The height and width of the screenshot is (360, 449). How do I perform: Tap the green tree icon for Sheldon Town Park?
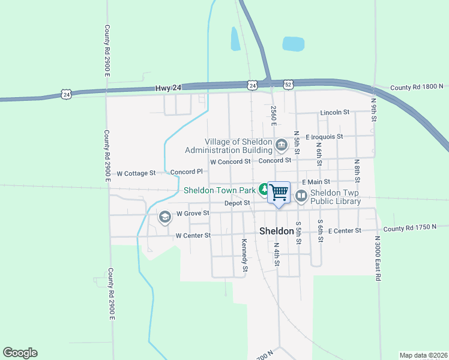[x=264, y=190]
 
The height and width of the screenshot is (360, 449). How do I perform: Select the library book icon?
[x=300, y=196]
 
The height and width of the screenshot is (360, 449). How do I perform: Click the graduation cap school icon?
[x=164, y=217]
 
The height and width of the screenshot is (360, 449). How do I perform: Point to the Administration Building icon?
[x=281, y=145]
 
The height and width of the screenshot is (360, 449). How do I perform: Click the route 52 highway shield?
[x=289, y=85]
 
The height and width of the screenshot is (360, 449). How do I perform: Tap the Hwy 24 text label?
[x=168, y=88]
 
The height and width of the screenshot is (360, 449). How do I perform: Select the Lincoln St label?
[x=335, y=112]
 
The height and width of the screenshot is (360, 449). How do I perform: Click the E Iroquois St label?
[x=324, y=137]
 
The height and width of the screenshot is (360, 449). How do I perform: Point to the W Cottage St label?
[x=136, y=173]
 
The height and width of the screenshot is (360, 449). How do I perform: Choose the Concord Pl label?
[x=183, y=172]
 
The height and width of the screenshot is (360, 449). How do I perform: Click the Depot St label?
[x=237, y=203]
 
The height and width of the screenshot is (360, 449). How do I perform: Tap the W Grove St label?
[x=192, y=213]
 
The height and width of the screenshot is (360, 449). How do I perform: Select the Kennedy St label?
[x=244, y=254]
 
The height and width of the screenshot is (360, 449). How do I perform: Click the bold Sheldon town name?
[x=276, y=231]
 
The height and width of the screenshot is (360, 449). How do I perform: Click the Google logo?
[x=20, y=353]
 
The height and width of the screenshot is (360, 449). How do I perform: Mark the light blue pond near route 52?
[x=294, y=44]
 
